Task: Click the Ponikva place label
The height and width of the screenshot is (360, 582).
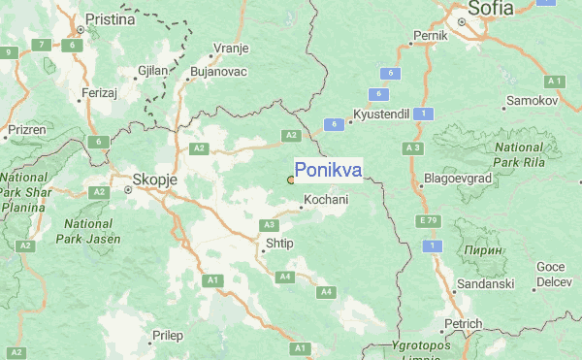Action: (x=328, y=171)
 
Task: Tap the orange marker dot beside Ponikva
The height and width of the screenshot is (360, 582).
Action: (x=291, y=180)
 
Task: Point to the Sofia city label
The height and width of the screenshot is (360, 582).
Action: (x=490, y=9)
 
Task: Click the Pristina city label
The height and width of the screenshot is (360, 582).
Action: (x=111, y=19)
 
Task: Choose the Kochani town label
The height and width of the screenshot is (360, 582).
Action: (x=326, y=200)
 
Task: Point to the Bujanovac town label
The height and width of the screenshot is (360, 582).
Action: (x=220, y=72)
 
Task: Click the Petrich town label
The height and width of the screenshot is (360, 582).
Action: (x=464, y=323)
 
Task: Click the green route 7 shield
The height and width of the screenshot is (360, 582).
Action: (x=42, y=45)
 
